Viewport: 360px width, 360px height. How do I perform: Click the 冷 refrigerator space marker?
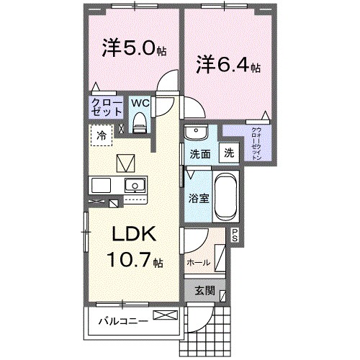102,135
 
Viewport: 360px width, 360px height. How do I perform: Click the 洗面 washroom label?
199,153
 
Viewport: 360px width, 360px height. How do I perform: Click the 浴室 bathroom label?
199,198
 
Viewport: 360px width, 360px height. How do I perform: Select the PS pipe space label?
235,233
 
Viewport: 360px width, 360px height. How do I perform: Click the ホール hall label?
199,263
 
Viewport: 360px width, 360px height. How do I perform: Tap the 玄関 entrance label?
204,292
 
